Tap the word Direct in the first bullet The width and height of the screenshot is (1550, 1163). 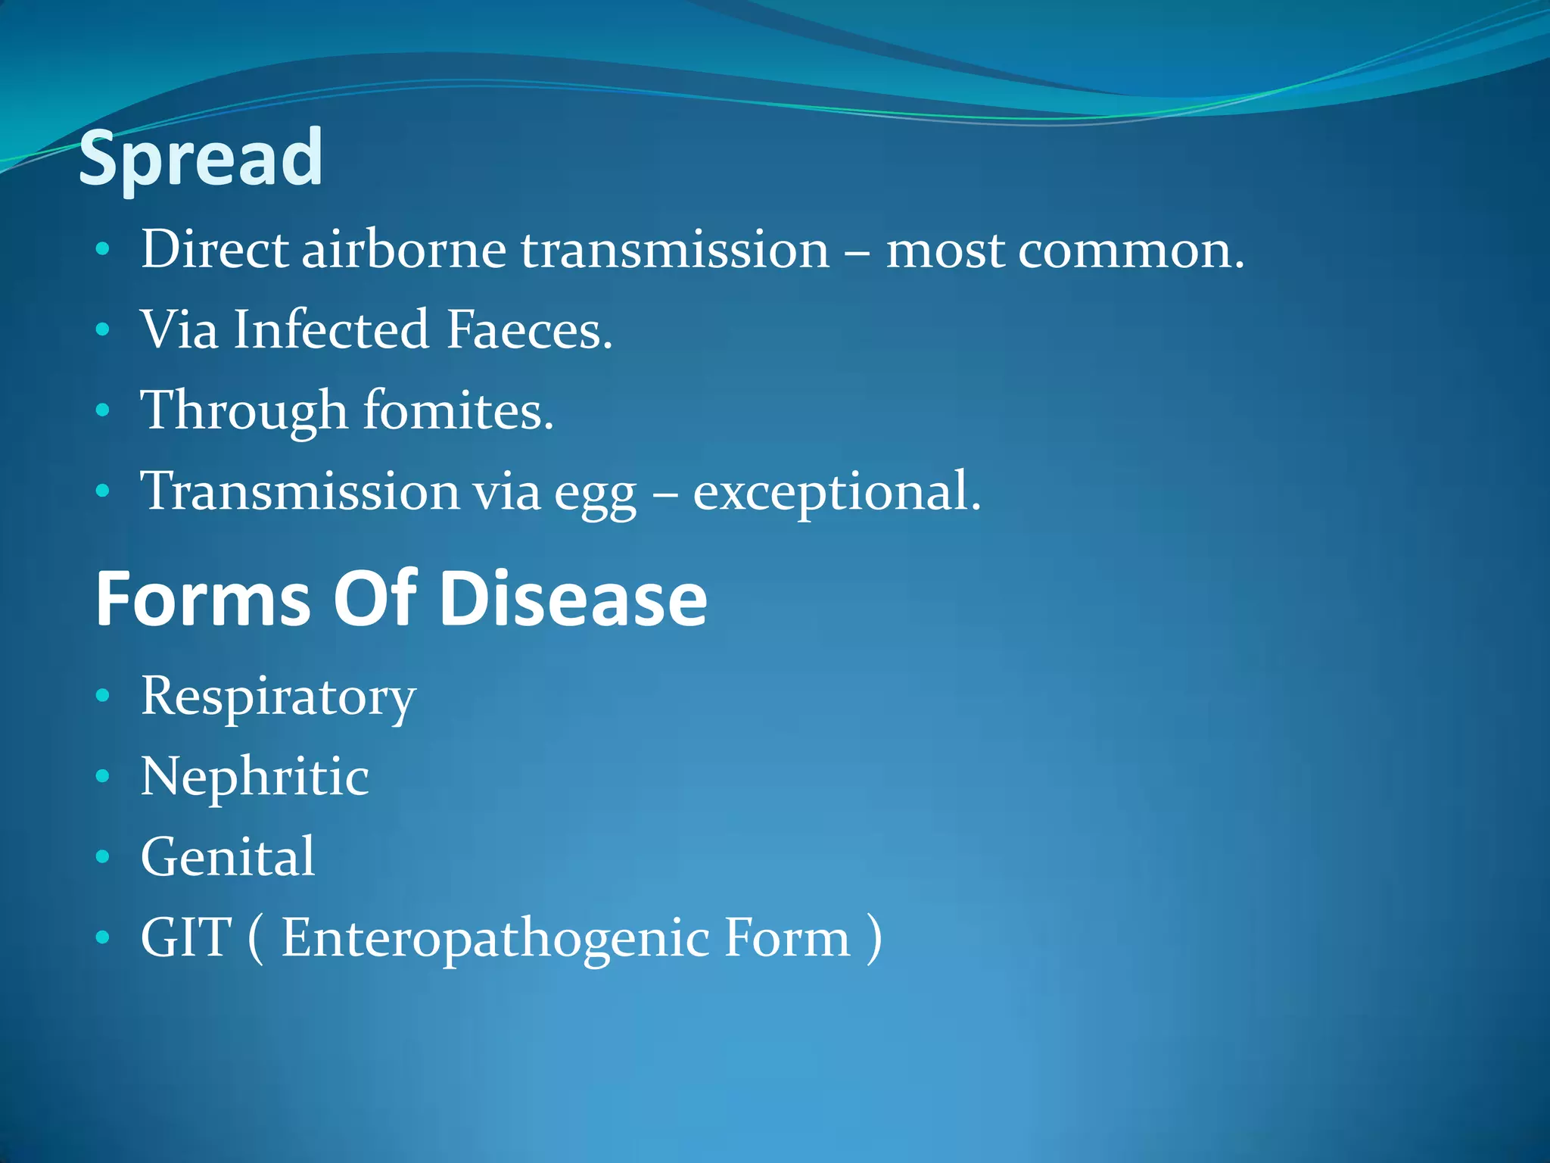point(214,249)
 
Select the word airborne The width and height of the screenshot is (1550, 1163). point(404,249)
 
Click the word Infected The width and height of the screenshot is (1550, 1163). point(331,330)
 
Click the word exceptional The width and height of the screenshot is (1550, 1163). point(836,492)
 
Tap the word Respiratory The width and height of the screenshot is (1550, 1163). point(278,697)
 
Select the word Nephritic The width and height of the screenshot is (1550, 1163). point(254,777)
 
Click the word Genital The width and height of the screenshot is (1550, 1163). point(227,857)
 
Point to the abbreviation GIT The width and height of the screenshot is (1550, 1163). point(185,937)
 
